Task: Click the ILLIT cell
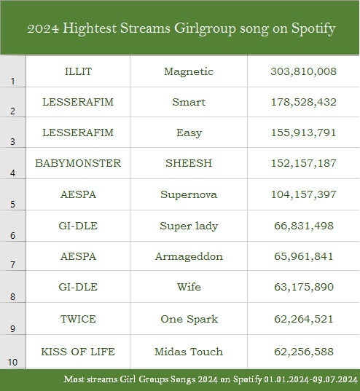[x=78, y=71]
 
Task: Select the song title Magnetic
[x=189, y=72]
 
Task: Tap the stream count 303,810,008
[x=303, y=71]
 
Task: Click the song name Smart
[x=189, y=102]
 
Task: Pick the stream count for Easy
[x=304, y=133]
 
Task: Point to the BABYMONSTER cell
[x=78, y=163]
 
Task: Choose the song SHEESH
[x=189, y=163]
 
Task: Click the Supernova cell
[x=189, y=195]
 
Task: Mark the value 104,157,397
[x=304, y=194]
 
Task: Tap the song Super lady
[x=189, y=226]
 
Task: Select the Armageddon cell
[x=189, y=257]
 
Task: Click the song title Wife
[x=189, y=287]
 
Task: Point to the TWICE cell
[x=78, y=319]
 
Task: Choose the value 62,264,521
[x=304, y=319]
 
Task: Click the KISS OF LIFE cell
[x=78, y=352]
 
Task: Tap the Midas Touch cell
[x=189, y=352]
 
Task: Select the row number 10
[x=12, y=362]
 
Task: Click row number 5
[x=12, y=205]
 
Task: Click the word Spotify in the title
[x=313, y=29]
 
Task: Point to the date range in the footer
[x=310, y=379]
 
